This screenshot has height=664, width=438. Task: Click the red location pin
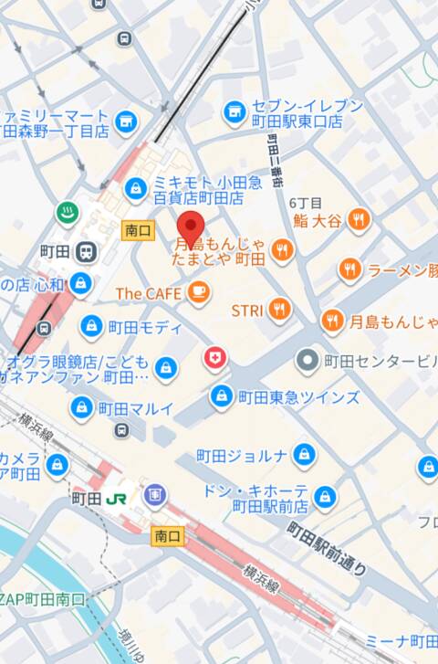[190, 226]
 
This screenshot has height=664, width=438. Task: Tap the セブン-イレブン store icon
[235, 112]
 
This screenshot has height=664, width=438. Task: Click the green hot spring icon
[66, 212]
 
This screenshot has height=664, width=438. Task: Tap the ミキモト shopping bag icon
[136, 189]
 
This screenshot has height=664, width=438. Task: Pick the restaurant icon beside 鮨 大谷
[360, 219]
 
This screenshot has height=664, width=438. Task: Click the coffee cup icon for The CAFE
[198, 292]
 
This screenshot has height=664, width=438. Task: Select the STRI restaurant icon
[279, 310]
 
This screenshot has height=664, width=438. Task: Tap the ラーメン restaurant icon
[350, 269]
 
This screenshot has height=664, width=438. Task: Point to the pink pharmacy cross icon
[214, 357]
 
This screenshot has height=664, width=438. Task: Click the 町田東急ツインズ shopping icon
[221, 396]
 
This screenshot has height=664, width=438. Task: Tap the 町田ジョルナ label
[242, 455]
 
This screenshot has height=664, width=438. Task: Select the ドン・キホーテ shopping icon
[324, 499]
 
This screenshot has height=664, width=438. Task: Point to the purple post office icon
[153, 495]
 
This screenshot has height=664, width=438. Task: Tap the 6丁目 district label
[305, 203]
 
